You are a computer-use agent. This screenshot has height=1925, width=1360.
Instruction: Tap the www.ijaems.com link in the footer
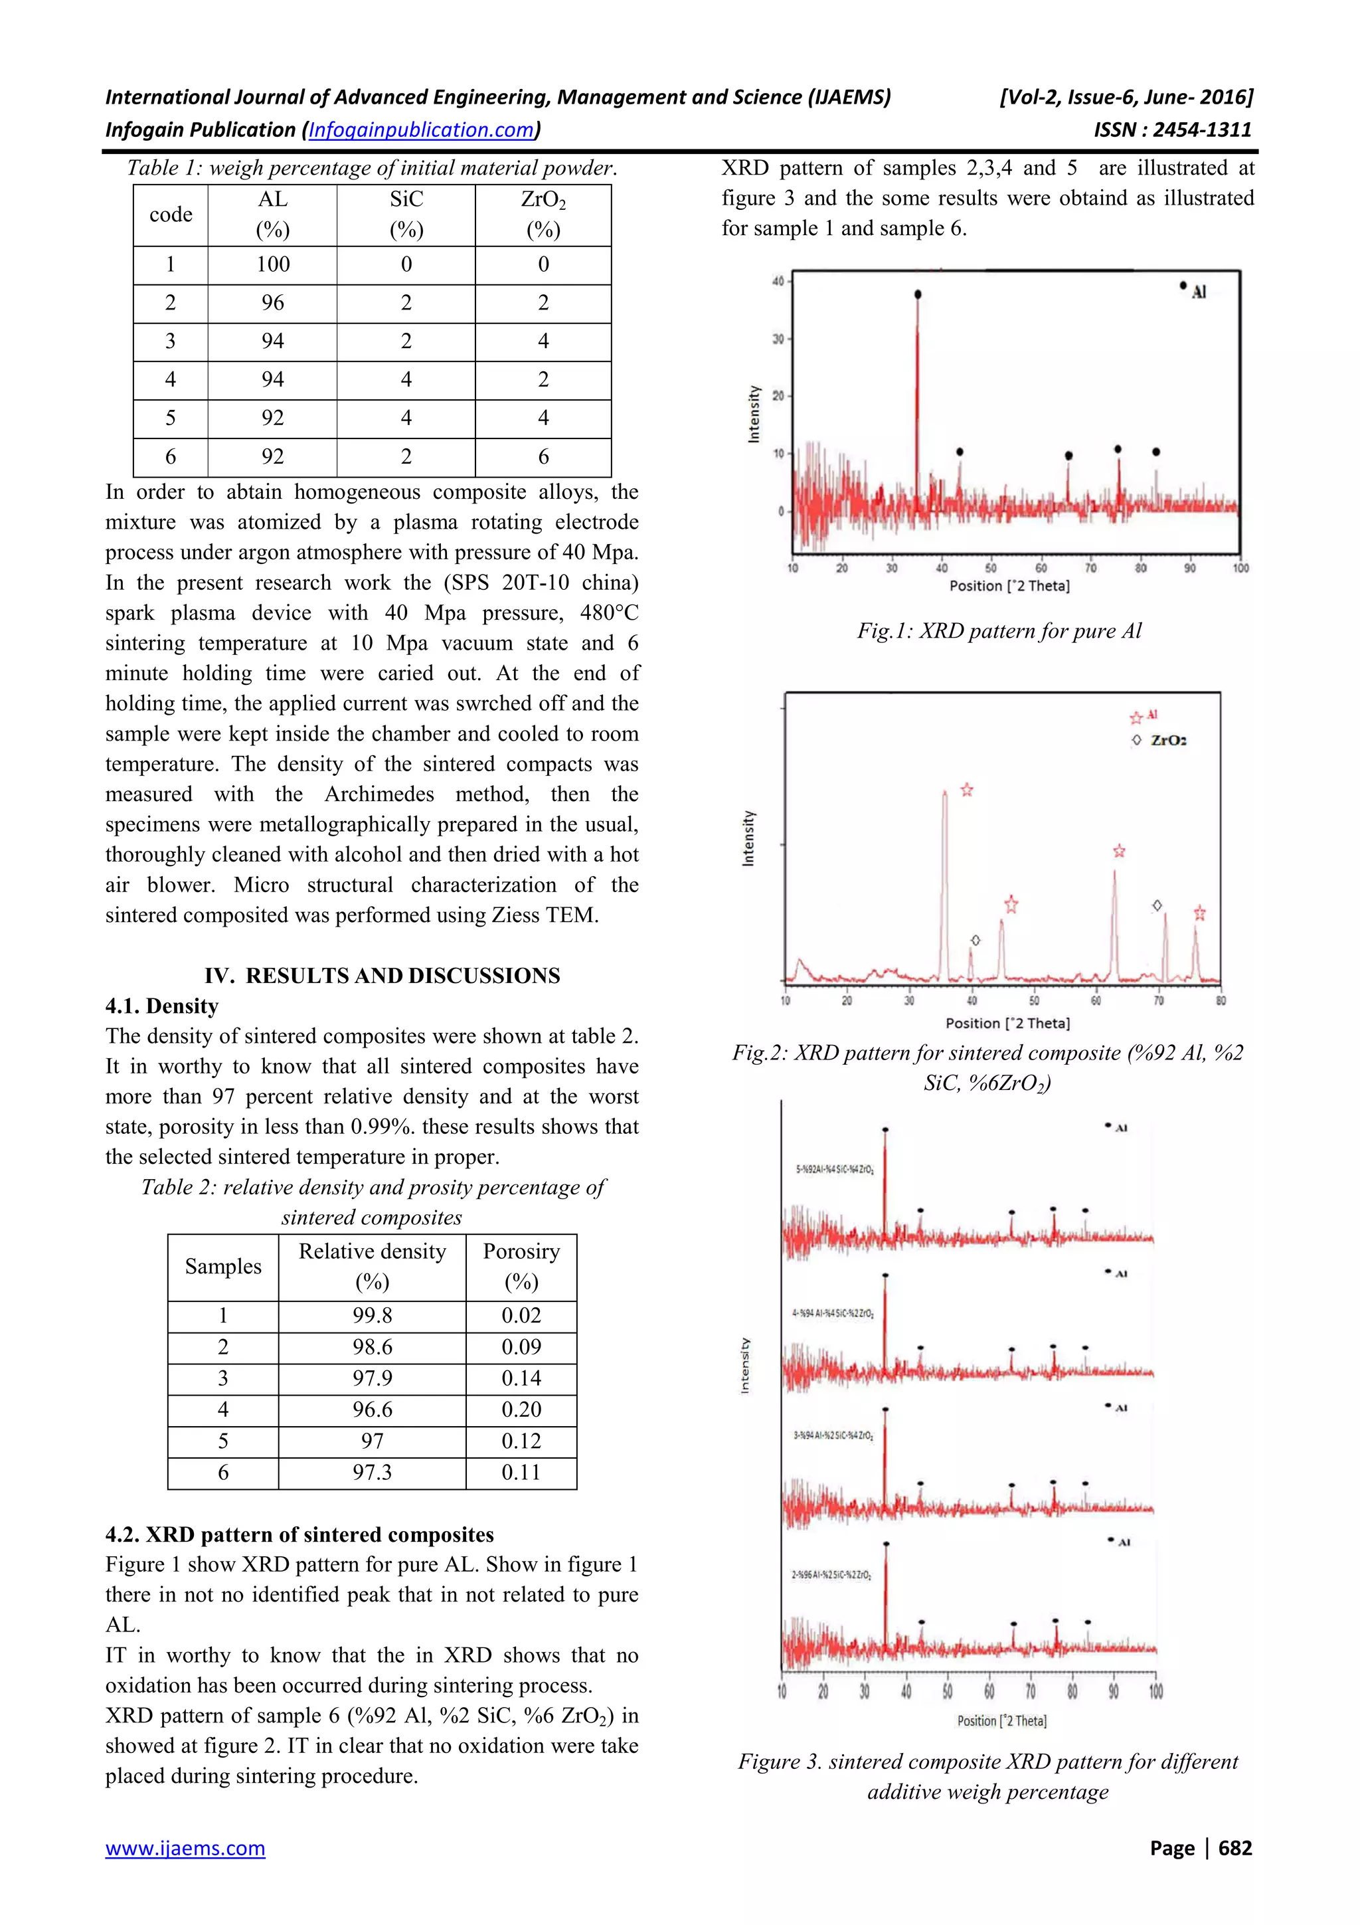(x=185, y=1847)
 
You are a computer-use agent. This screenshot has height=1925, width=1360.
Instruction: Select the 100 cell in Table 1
(x=272, y=264)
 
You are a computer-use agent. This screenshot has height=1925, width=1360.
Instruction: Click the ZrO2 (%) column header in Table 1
(x=543, y=215)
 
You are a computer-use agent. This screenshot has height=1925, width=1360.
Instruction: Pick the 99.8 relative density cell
(x=372, y=1315)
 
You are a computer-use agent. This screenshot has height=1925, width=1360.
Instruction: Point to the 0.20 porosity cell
(x=521, y=1410)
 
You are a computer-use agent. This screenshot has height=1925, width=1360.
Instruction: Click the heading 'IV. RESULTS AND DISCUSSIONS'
(x=382, y=975)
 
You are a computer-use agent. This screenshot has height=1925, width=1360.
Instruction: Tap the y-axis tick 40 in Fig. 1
(x=778, y=281)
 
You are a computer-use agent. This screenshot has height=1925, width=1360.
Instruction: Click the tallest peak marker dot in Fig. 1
(x=918, y=294)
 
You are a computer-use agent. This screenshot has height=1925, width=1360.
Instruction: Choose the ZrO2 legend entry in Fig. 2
(x=1159, y=741)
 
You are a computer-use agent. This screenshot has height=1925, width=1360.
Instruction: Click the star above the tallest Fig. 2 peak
(x=967, y=790)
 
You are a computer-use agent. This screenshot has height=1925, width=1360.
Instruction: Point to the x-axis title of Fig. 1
(x=1009, y=586)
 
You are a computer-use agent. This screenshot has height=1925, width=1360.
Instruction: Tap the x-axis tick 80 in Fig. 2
(x=1221, y=1001)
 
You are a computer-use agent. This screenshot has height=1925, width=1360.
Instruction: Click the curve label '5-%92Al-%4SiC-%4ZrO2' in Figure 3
(x=835, y=1169)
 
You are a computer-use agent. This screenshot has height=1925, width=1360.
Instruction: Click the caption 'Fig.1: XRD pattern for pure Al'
(x=999, y=630)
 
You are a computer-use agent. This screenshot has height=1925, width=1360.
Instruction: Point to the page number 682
(x=1234, y=1847)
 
